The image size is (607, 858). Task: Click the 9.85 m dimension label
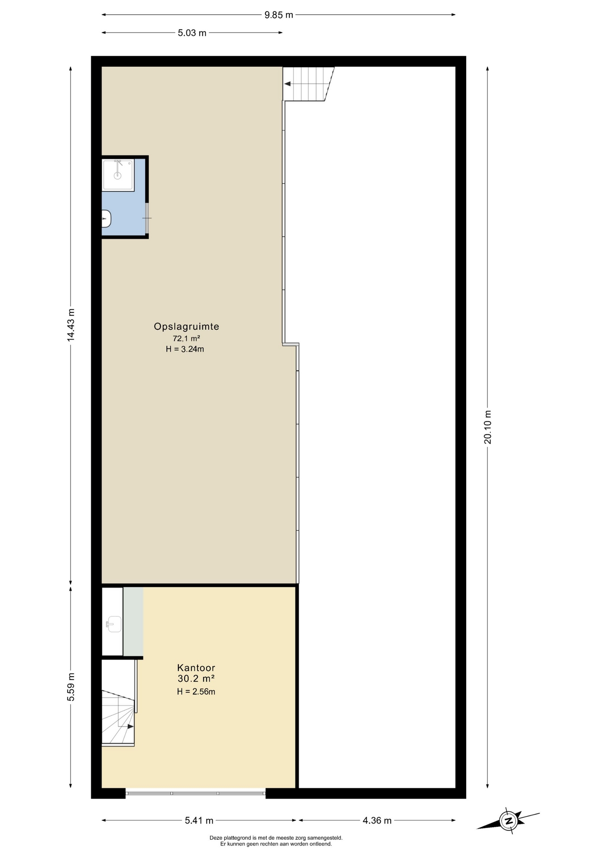pyautogui.click(x=278, y=15)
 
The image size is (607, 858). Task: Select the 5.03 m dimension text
pyautogui.click(x=192, y=33)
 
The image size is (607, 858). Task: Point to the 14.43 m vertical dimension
pyautogui.click(x=71, y=325)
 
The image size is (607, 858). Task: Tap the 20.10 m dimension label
pyautogui.click(x=487, y=427)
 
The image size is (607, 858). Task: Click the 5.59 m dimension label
pyautogui.click(x=71, y=687)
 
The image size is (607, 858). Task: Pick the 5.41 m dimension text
pyautogui.click(x=199, y=820)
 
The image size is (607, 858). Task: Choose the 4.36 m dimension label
pyautogui.click(x=377, y=820)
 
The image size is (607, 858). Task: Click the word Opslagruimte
pyautogui.click(x=186, y=327)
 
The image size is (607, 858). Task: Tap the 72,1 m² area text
pyautogui.click(x=186, y=338)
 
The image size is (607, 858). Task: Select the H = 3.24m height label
pyautogui.click(x=185, y=349)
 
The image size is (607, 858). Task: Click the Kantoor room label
pyautogui.click(x=196, y=668)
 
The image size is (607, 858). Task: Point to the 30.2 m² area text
pyautogui.click(x=196, y=678)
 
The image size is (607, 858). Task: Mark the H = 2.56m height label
pyautogui.click(x=196, y=692)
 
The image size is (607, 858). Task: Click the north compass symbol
pyautogui.click(x=508, y=820)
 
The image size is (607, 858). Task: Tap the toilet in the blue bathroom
pyautogui.click(x=106, y=219)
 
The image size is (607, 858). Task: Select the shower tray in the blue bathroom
pyautogui.click(x=118, y=175)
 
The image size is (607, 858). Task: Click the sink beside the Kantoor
pyautogui.click(x=114, y=624)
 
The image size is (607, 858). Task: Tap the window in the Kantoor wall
pyautogui.click(x=195, y=793)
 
